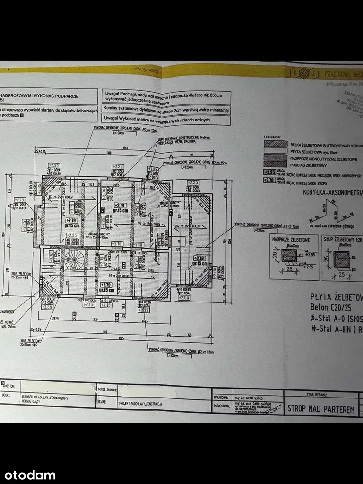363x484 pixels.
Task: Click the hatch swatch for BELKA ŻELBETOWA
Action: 276,144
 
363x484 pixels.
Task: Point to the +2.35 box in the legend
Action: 270,173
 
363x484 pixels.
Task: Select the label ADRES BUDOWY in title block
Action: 107,389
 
